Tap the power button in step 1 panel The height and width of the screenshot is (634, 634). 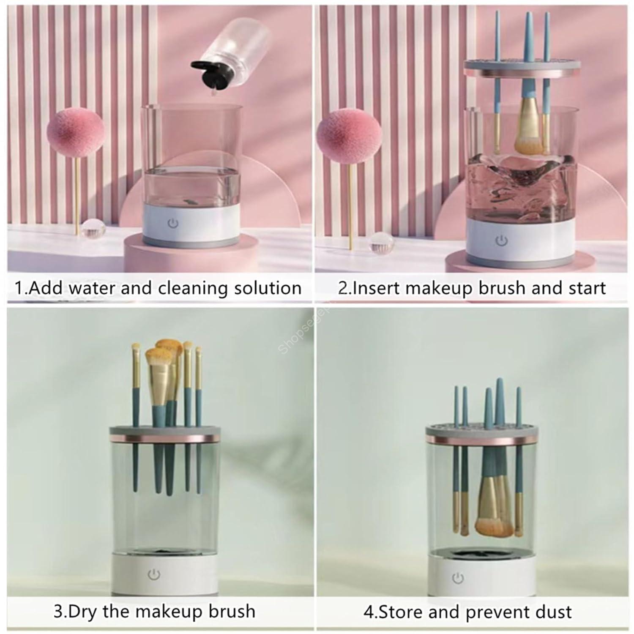pyautogui.click(x=173, y=223)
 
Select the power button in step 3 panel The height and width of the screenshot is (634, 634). pyautogui.click(x=154, y=574)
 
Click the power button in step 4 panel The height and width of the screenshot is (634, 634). pyautogui.click(x=458, y=577)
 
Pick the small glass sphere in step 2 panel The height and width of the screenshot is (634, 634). pyautogui.click(x=382, y=246)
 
